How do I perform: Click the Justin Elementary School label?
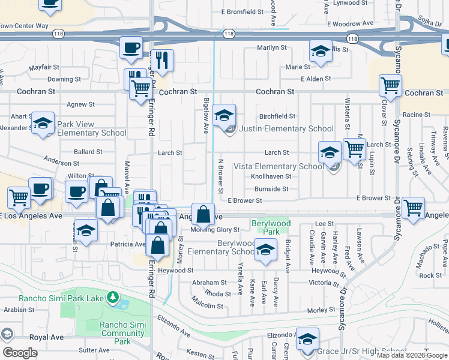286,128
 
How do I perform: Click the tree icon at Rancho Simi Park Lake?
112,297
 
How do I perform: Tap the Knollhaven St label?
271,176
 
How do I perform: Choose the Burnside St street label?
272,188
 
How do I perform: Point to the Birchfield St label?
277,116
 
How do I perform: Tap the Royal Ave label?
47,337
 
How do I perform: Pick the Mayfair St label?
44,67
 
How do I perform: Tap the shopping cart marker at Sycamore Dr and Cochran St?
391,86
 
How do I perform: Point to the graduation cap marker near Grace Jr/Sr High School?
307,340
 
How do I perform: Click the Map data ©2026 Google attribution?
412,355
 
